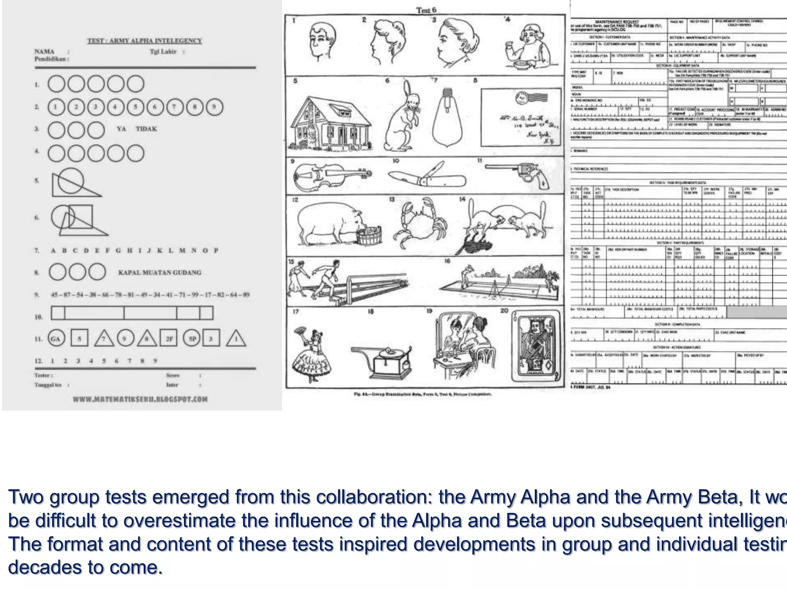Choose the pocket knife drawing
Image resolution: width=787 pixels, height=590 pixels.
click(427, 177)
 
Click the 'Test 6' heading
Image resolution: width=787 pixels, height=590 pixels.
click(426, 10)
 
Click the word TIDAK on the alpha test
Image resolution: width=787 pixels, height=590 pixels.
click(146, 129)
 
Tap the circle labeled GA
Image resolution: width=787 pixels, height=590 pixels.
click(56, 338)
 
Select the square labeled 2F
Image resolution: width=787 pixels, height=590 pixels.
click(169, 338)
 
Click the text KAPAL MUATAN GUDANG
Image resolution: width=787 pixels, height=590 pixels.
click(159, 272)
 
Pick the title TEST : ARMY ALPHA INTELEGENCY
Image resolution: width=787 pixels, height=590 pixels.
click(144, 41)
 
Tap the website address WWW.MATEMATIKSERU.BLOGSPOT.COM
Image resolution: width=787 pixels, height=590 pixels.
click(140, 399)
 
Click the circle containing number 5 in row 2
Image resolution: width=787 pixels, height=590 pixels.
click(135, 107)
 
